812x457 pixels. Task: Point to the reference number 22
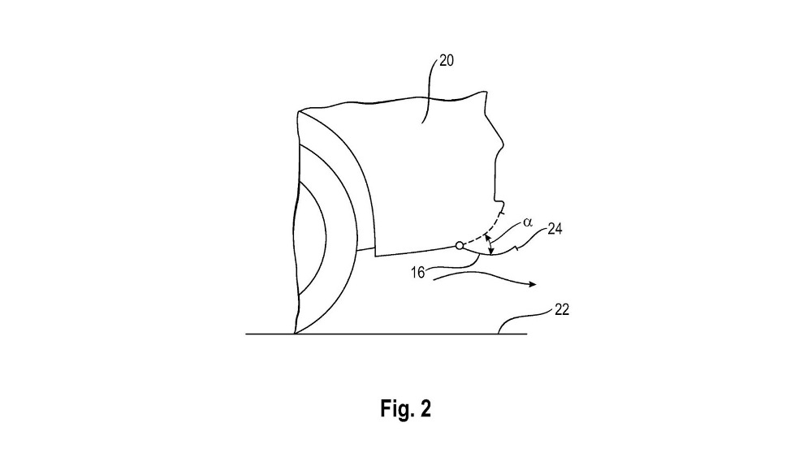tap(561, 309)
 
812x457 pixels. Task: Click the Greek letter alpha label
tap(527, 219)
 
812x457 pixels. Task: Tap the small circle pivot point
tap(460, 245)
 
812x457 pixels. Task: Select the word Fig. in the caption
tap(395, 409)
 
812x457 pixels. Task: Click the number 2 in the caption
tap(425, 409)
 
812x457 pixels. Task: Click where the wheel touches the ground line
tap(295, 333)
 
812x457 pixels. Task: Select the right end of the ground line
tap(527, 333)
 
